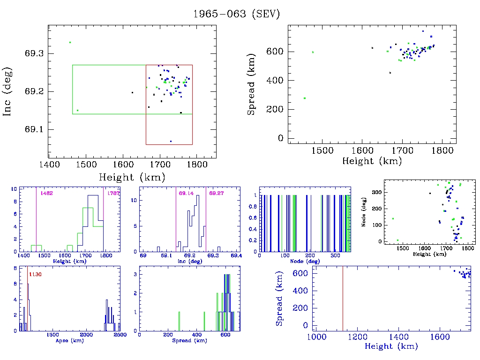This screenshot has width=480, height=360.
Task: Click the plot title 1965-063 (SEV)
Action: coord(236,14)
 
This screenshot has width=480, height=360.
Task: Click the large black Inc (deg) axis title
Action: coord(8,91)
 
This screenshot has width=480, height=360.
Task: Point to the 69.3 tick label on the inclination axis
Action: coord(34,53)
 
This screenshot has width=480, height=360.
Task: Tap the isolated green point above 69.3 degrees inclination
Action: coord(70,43)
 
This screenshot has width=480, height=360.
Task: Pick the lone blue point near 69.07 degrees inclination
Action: coord(171,141)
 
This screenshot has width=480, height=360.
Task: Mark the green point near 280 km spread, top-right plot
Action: coord(305,98)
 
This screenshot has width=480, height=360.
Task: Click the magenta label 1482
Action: coord(46,193)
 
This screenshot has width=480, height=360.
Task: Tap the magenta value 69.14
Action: coord(186,193)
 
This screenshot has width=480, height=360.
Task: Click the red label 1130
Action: coord(36,274)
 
